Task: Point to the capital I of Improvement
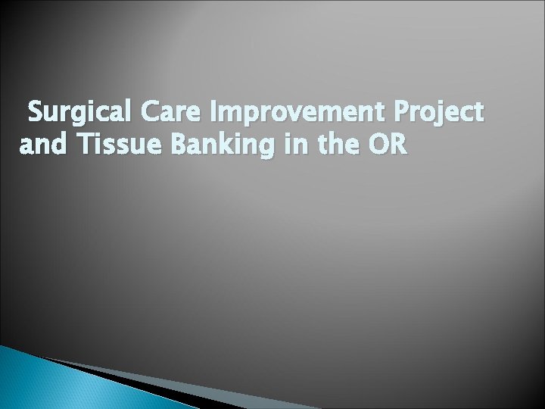tap(220, 113)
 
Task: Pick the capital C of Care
tap(145, 113)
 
